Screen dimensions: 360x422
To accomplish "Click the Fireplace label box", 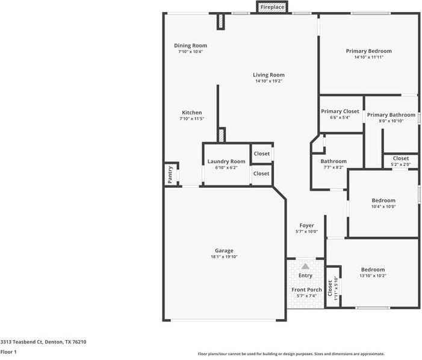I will click(272, 7).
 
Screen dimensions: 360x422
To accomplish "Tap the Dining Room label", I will click(190, 46).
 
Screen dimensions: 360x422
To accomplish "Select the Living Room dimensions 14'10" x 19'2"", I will click(268, 81).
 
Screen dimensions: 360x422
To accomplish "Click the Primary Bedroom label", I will click(368, 51).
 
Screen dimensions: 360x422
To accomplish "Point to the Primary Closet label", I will click(340, 111).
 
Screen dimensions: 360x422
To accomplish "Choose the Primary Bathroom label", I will click(391, 115).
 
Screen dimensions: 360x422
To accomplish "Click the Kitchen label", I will click(192, 113).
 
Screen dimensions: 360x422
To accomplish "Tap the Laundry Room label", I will click(226, 161).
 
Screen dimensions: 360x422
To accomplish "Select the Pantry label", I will click(170, 174).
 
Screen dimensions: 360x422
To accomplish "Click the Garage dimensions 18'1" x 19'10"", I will click(224, 257).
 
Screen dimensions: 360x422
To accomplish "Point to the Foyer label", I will click(306, 226).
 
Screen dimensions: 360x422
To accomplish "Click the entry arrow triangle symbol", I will click(305, 266).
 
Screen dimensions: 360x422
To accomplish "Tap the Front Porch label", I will click(306, 290).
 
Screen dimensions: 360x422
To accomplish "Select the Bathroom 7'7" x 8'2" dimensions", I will click(334, 167).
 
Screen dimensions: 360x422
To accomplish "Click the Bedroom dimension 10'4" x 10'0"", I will click(383, 206).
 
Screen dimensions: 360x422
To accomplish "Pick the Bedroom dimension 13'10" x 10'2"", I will click(373, 276).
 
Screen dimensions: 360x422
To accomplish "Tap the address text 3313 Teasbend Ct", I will click(43, 341).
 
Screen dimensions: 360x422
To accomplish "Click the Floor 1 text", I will click(8, 352).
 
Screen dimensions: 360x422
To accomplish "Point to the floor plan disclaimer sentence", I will click(291, 354).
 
